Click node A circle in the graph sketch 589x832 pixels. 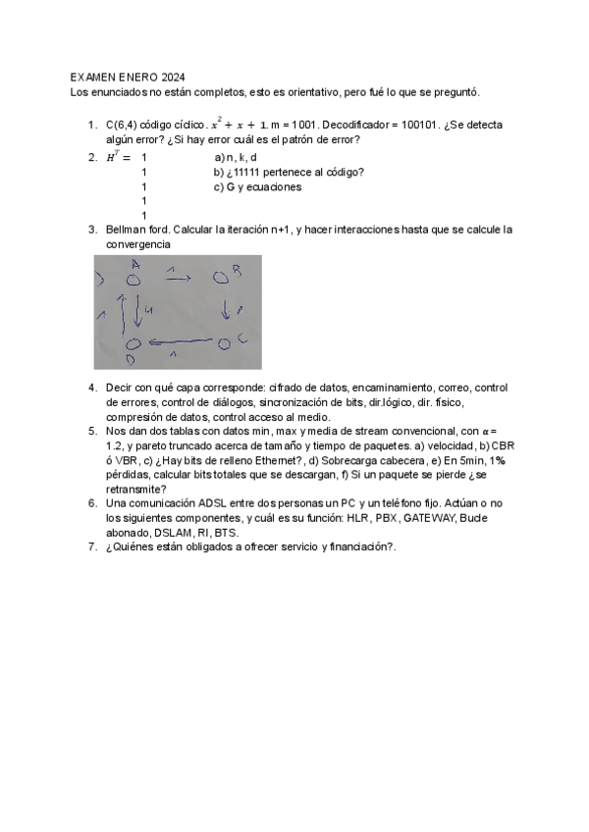[134, 280]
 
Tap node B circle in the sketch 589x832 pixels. [221, 280]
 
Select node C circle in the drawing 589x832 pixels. [224, 342]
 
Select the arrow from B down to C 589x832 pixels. [226, 311]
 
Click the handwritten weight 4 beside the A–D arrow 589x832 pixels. [147, 310]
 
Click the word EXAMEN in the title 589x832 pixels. [93, 77]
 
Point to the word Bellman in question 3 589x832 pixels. [126, 229]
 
